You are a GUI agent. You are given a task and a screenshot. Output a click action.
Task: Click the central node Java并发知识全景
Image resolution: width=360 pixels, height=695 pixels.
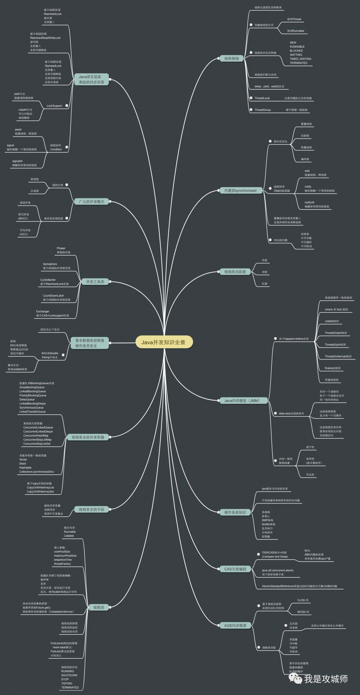163,342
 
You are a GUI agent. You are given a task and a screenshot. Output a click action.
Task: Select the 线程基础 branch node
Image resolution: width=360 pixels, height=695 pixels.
231,59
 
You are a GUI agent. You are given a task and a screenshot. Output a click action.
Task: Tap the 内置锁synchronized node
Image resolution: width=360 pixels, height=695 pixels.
240,191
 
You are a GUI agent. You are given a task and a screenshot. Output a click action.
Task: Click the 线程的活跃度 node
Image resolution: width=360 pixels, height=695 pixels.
235,272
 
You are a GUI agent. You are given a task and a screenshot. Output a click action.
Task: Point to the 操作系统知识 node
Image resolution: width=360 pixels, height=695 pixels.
235,512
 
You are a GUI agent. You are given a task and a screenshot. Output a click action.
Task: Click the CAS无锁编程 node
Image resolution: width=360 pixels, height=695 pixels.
235,569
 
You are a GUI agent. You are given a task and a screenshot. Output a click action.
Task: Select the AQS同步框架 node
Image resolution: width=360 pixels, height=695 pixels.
235,625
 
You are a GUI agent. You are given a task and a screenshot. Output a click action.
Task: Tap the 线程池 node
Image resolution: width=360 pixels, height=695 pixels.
99,607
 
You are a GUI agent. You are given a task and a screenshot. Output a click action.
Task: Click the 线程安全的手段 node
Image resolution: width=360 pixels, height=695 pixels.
91,509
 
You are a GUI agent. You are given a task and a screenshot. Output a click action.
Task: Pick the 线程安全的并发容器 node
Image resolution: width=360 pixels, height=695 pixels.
88,437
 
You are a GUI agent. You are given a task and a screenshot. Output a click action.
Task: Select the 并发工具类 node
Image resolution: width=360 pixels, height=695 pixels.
95,282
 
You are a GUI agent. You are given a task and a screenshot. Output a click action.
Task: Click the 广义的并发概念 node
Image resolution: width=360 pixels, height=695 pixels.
91,202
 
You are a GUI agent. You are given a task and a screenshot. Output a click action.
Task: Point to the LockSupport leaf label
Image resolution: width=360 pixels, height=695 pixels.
54,106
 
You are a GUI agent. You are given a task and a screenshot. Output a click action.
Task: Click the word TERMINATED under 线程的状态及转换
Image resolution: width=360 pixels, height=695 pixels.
298,63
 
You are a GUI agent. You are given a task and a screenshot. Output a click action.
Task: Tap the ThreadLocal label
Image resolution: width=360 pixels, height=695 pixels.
262,98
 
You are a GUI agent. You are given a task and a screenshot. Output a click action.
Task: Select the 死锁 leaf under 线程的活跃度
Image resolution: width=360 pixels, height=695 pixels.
264,260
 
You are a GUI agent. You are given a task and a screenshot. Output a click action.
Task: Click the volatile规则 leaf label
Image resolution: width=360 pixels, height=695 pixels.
332,321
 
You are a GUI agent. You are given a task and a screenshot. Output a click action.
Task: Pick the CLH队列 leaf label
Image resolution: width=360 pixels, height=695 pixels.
303,600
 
